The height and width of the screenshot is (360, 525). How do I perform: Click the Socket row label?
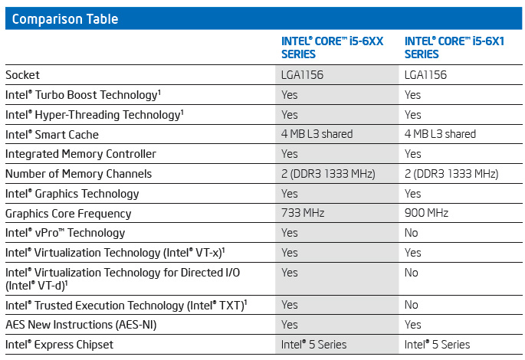22,75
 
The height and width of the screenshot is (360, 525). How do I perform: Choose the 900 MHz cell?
426,213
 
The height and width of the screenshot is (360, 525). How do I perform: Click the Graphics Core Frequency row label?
68,213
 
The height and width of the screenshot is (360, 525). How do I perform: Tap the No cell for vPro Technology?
412,232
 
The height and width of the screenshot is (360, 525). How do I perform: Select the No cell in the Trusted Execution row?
412,305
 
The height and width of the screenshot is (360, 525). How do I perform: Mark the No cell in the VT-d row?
412,272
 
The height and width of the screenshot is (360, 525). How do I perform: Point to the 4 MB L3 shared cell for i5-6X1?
440,134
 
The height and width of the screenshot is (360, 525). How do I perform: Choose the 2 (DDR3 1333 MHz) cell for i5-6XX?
328,174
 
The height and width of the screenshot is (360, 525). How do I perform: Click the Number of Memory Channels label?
78,174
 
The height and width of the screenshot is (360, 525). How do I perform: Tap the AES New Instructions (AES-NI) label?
80,325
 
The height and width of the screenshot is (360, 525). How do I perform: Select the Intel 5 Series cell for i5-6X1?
437,345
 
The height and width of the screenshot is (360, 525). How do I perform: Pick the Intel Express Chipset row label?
59,345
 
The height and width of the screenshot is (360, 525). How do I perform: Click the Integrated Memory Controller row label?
80,154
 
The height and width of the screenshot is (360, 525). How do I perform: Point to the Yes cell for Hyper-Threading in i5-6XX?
290,114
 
